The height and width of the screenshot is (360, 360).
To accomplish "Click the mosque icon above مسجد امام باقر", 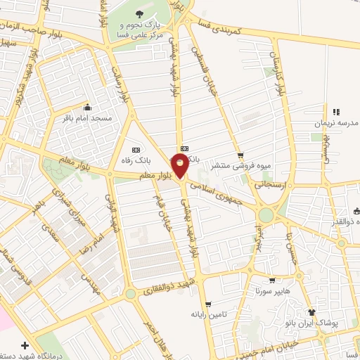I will pos(87,108).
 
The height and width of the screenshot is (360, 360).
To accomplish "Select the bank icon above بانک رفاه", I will pos(136,150).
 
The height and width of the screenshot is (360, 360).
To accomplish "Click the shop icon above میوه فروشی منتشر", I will pos(241,155).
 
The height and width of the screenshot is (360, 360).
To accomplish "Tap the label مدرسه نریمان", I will pos(336,123).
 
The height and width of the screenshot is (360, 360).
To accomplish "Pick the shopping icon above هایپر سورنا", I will pos(271,280).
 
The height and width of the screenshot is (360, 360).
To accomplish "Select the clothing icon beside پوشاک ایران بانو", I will pos(312,312).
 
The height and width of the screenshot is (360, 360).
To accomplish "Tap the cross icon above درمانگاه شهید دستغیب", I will pos(25,346).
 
